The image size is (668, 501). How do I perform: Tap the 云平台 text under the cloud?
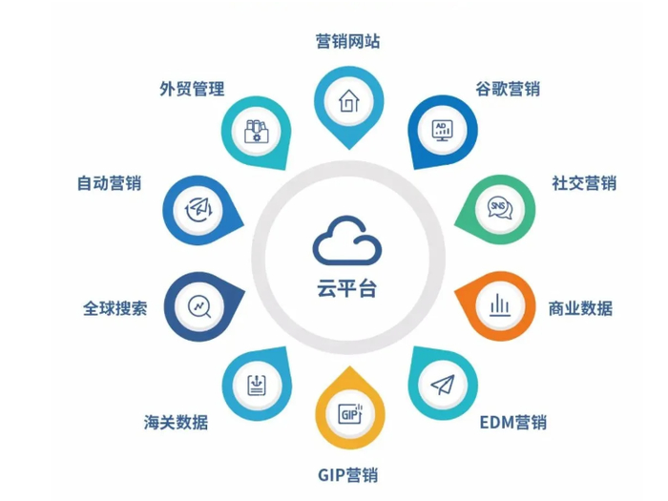(346, 288)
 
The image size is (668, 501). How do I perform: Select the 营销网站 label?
(347, 41)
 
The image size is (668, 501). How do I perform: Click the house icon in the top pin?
(349, 100)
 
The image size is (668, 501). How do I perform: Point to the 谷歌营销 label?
(508, 89)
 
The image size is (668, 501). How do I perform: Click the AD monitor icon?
(442, 131)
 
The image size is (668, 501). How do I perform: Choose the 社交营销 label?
(584, 183)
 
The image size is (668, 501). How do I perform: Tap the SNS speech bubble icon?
(500, 208)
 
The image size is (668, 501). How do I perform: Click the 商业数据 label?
(580, 308)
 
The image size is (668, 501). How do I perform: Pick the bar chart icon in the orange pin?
(500, 305)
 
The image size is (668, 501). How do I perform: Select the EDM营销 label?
(513, 423)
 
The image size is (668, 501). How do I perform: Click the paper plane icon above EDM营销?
(443, 385)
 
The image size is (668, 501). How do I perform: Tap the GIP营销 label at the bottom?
(347, 475)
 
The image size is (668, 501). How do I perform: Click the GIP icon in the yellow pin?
(350, 413)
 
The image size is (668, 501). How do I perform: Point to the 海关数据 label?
(176, 423)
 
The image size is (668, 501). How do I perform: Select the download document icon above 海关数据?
(257, 385)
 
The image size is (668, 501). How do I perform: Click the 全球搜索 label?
(115, 308)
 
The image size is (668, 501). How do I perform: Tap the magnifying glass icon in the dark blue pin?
(199, 306)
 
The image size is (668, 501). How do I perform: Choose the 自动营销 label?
(109, 183)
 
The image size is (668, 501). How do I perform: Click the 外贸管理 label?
(192, 89)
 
